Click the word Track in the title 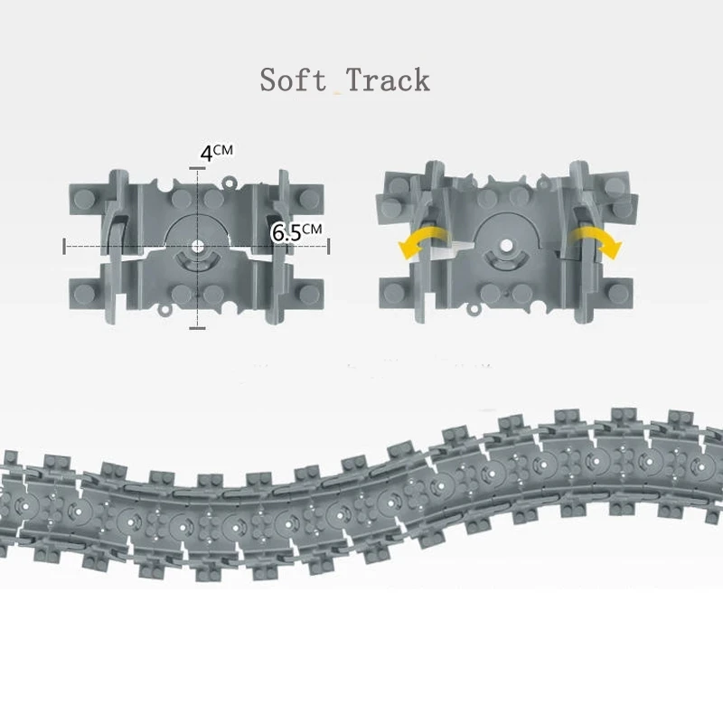[387, 80]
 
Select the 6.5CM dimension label [296, 231]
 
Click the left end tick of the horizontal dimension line [64, 245]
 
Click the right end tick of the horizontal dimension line [328, 245]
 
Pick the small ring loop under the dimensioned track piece [166, 310]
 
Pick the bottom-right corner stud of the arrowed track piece [622, 292]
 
